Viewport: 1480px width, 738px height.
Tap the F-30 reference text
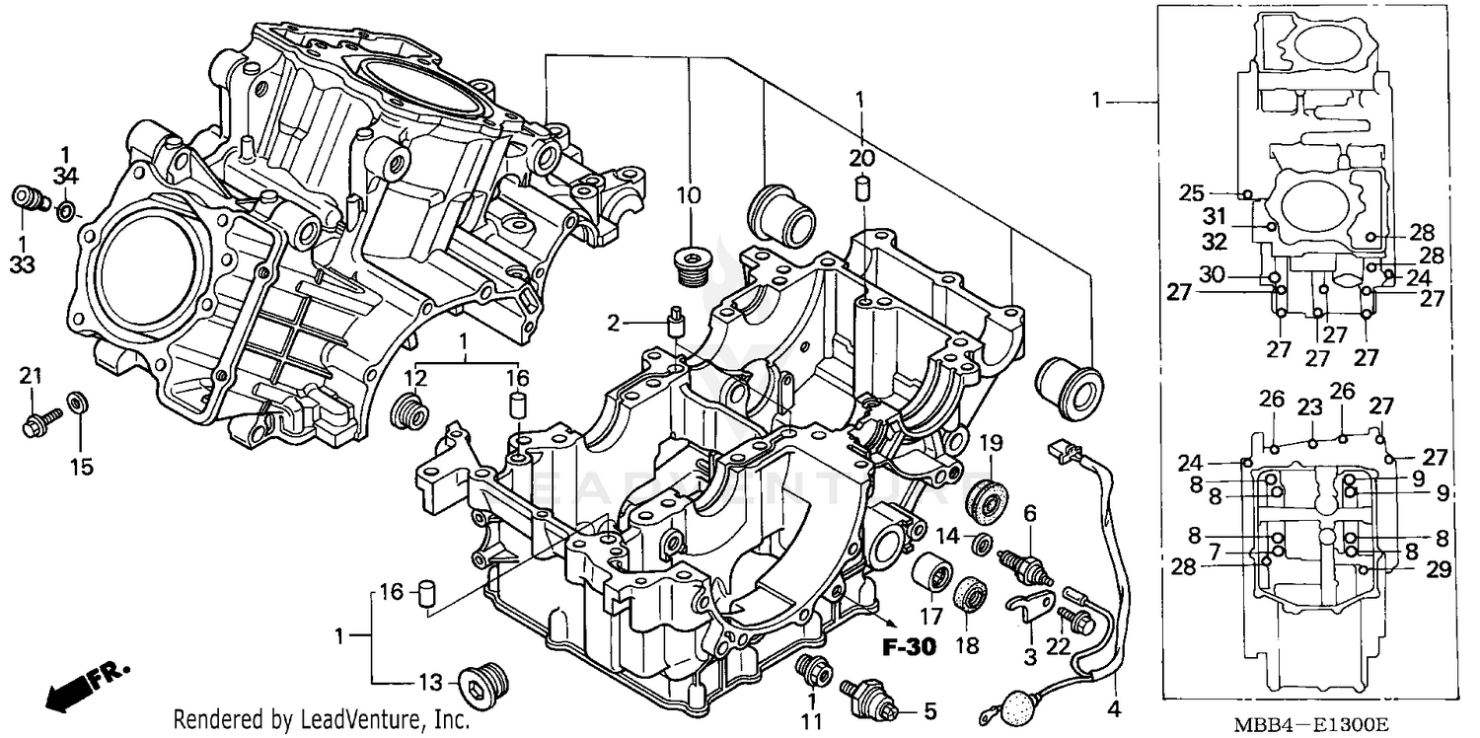pyautogui.click(x=905, y=649)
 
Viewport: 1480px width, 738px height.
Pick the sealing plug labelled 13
pyautogui.click(x=485, y=681)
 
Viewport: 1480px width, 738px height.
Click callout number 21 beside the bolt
pyautogui.click(x=32, y=375)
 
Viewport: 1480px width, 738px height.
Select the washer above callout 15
pyautogui.click(x=78, y=403)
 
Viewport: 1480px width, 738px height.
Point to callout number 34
pyautogui.click(x=65, y=176)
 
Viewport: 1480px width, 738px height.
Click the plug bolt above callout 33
pyautogui.click(x=30, y=198)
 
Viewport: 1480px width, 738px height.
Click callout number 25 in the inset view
pyautogui.click(x=1191, y=193)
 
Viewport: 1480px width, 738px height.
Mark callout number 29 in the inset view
pyautogui.click(x=1438, y=569)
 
